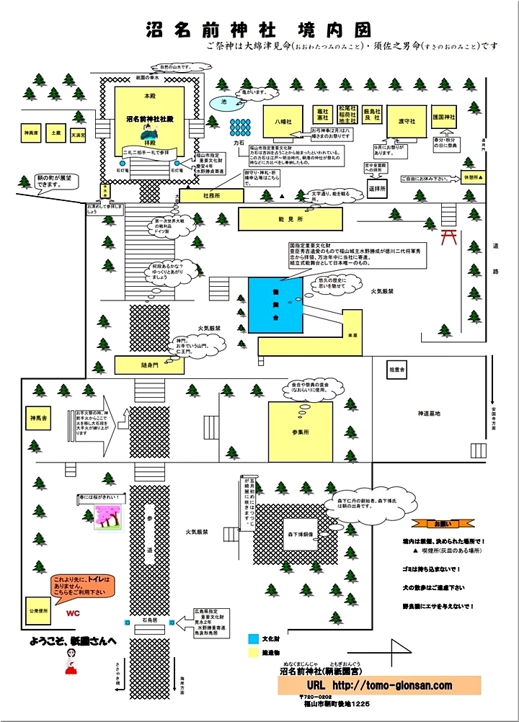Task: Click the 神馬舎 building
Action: [38, 418]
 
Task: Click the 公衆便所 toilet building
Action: [37, 610]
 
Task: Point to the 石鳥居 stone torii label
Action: [149, 619]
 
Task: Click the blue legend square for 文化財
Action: [253, 638]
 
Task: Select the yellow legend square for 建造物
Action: [253, 654]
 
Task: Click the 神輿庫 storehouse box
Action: [30, 133]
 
